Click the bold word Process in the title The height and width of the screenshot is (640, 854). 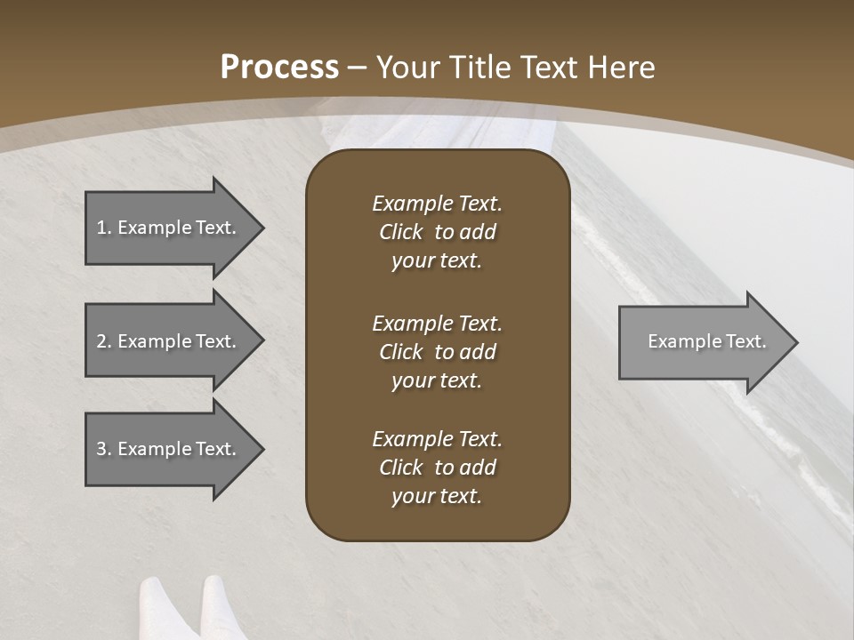click(279, 68)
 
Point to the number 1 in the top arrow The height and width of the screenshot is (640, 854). click(101, 228)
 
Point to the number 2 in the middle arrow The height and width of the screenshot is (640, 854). click(101, 341)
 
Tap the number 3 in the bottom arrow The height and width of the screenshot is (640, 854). click(101, 449)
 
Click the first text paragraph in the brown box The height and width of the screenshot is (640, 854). click(437, 232)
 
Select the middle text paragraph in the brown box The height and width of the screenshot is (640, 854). click(437, 352)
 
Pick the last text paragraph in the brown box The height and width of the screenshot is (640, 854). click(437, 468)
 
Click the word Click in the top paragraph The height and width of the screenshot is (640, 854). click(400, 232)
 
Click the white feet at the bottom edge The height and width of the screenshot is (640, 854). click(188, 608)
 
